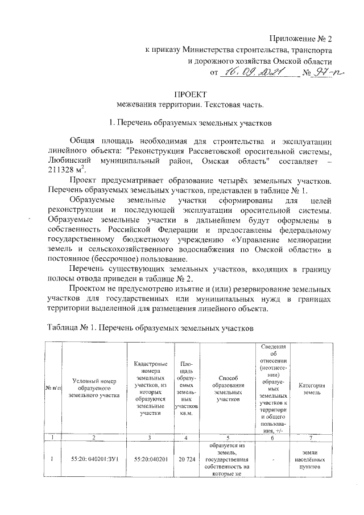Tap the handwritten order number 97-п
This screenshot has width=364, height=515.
[x=325, y=72]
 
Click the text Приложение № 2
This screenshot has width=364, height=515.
[x=301, y=39]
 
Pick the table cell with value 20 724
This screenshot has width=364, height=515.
[x=186, y=458]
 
